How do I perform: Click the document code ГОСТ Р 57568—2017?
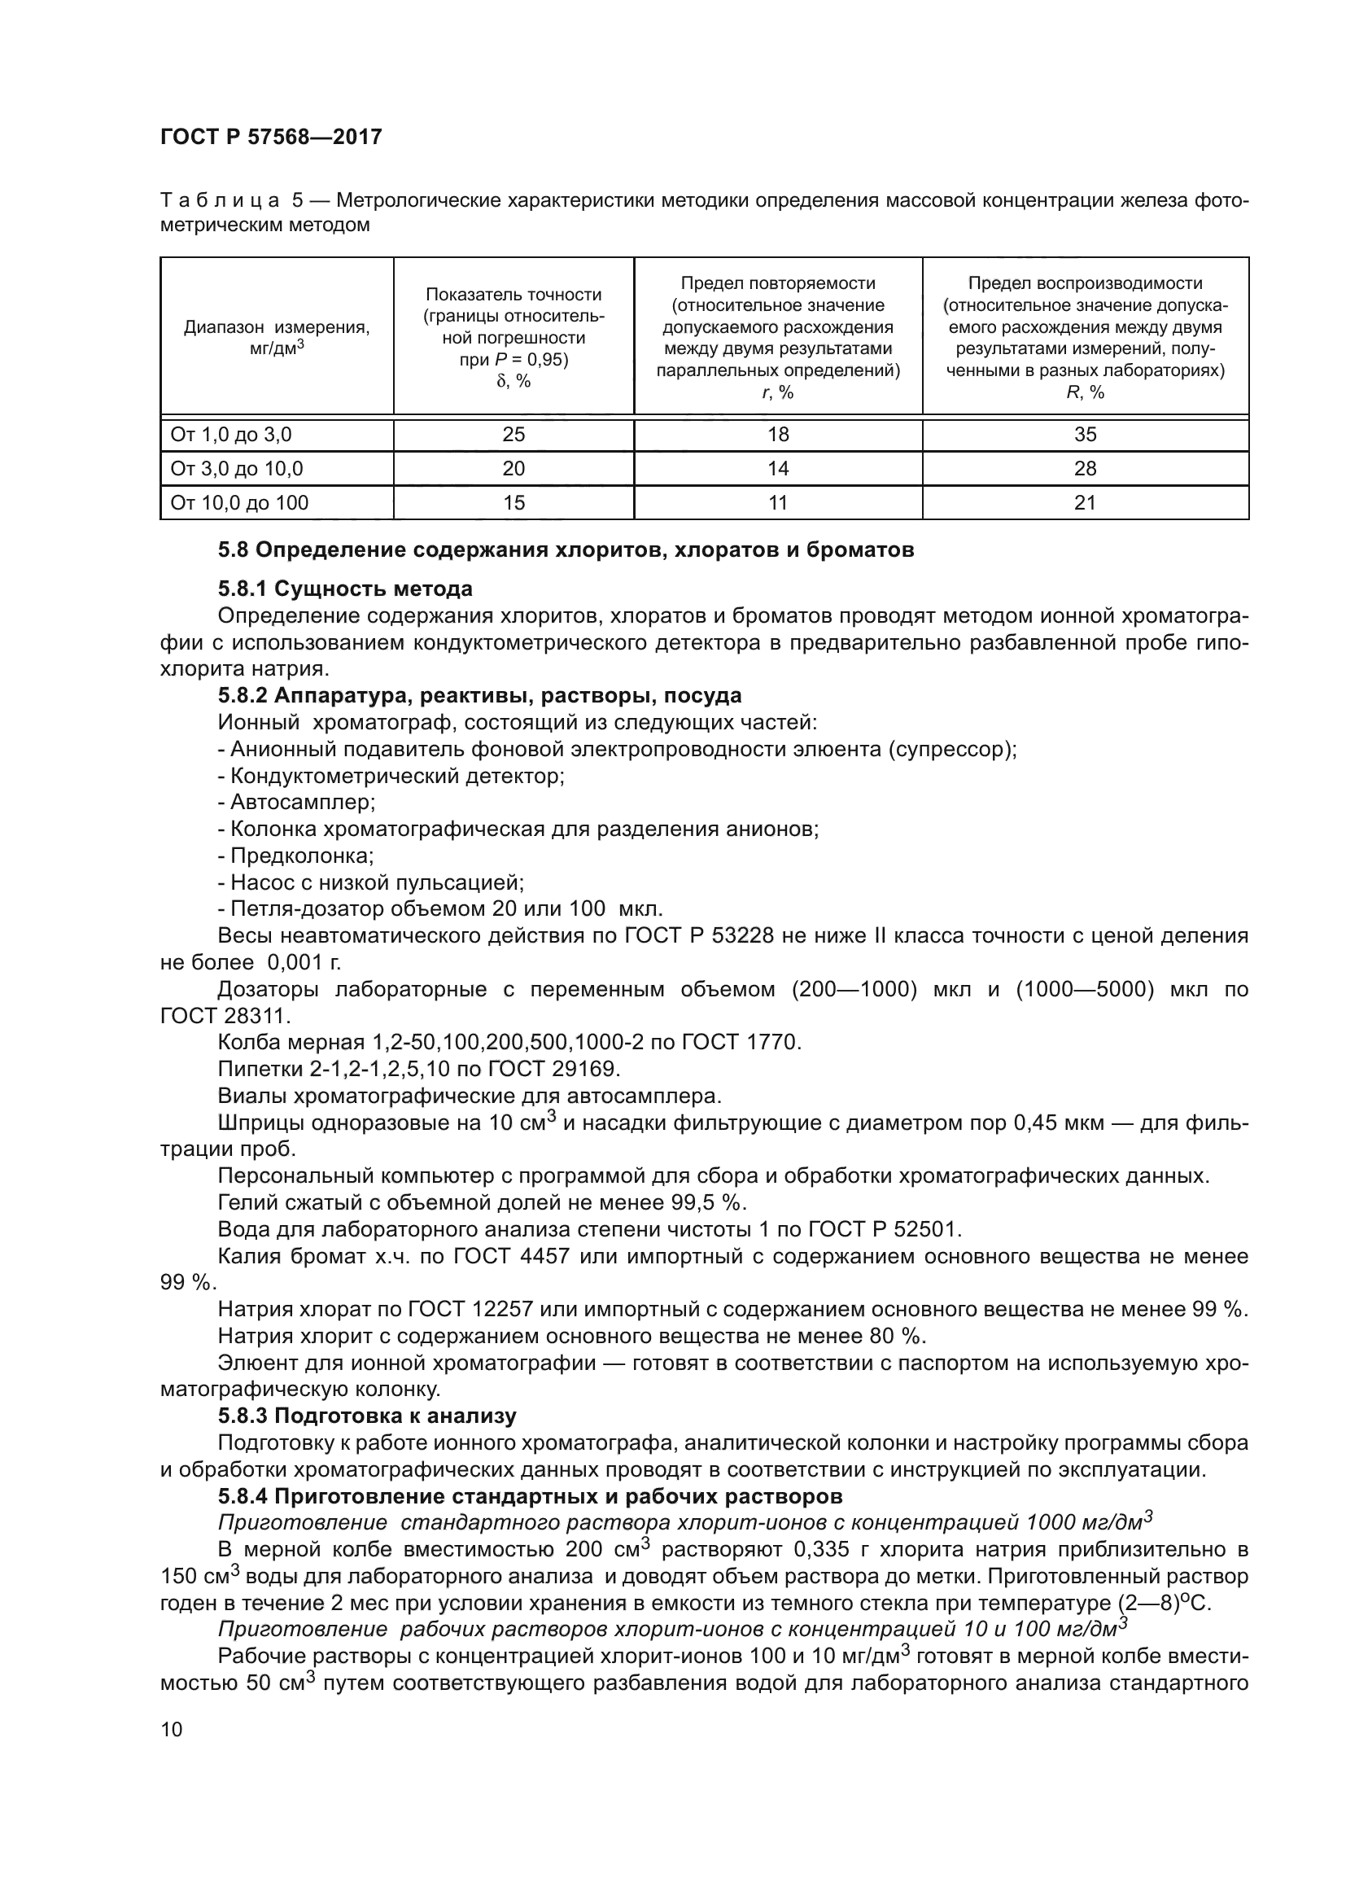point(271,138)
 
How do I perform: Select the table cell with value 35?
point(1084,435)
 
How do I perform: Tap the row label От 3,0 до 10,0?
point(237,469)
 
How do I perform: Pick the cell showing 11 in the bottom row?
point(777,502)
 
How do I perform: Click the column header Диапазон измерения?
point(277,327)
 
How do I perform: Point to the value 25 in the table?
point(513,435)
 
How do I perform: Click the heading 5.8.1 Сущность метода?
point(345,589)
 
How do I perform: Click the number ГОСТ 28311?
point(221,1016)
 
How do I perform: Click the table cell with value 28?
point(1084,469)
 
